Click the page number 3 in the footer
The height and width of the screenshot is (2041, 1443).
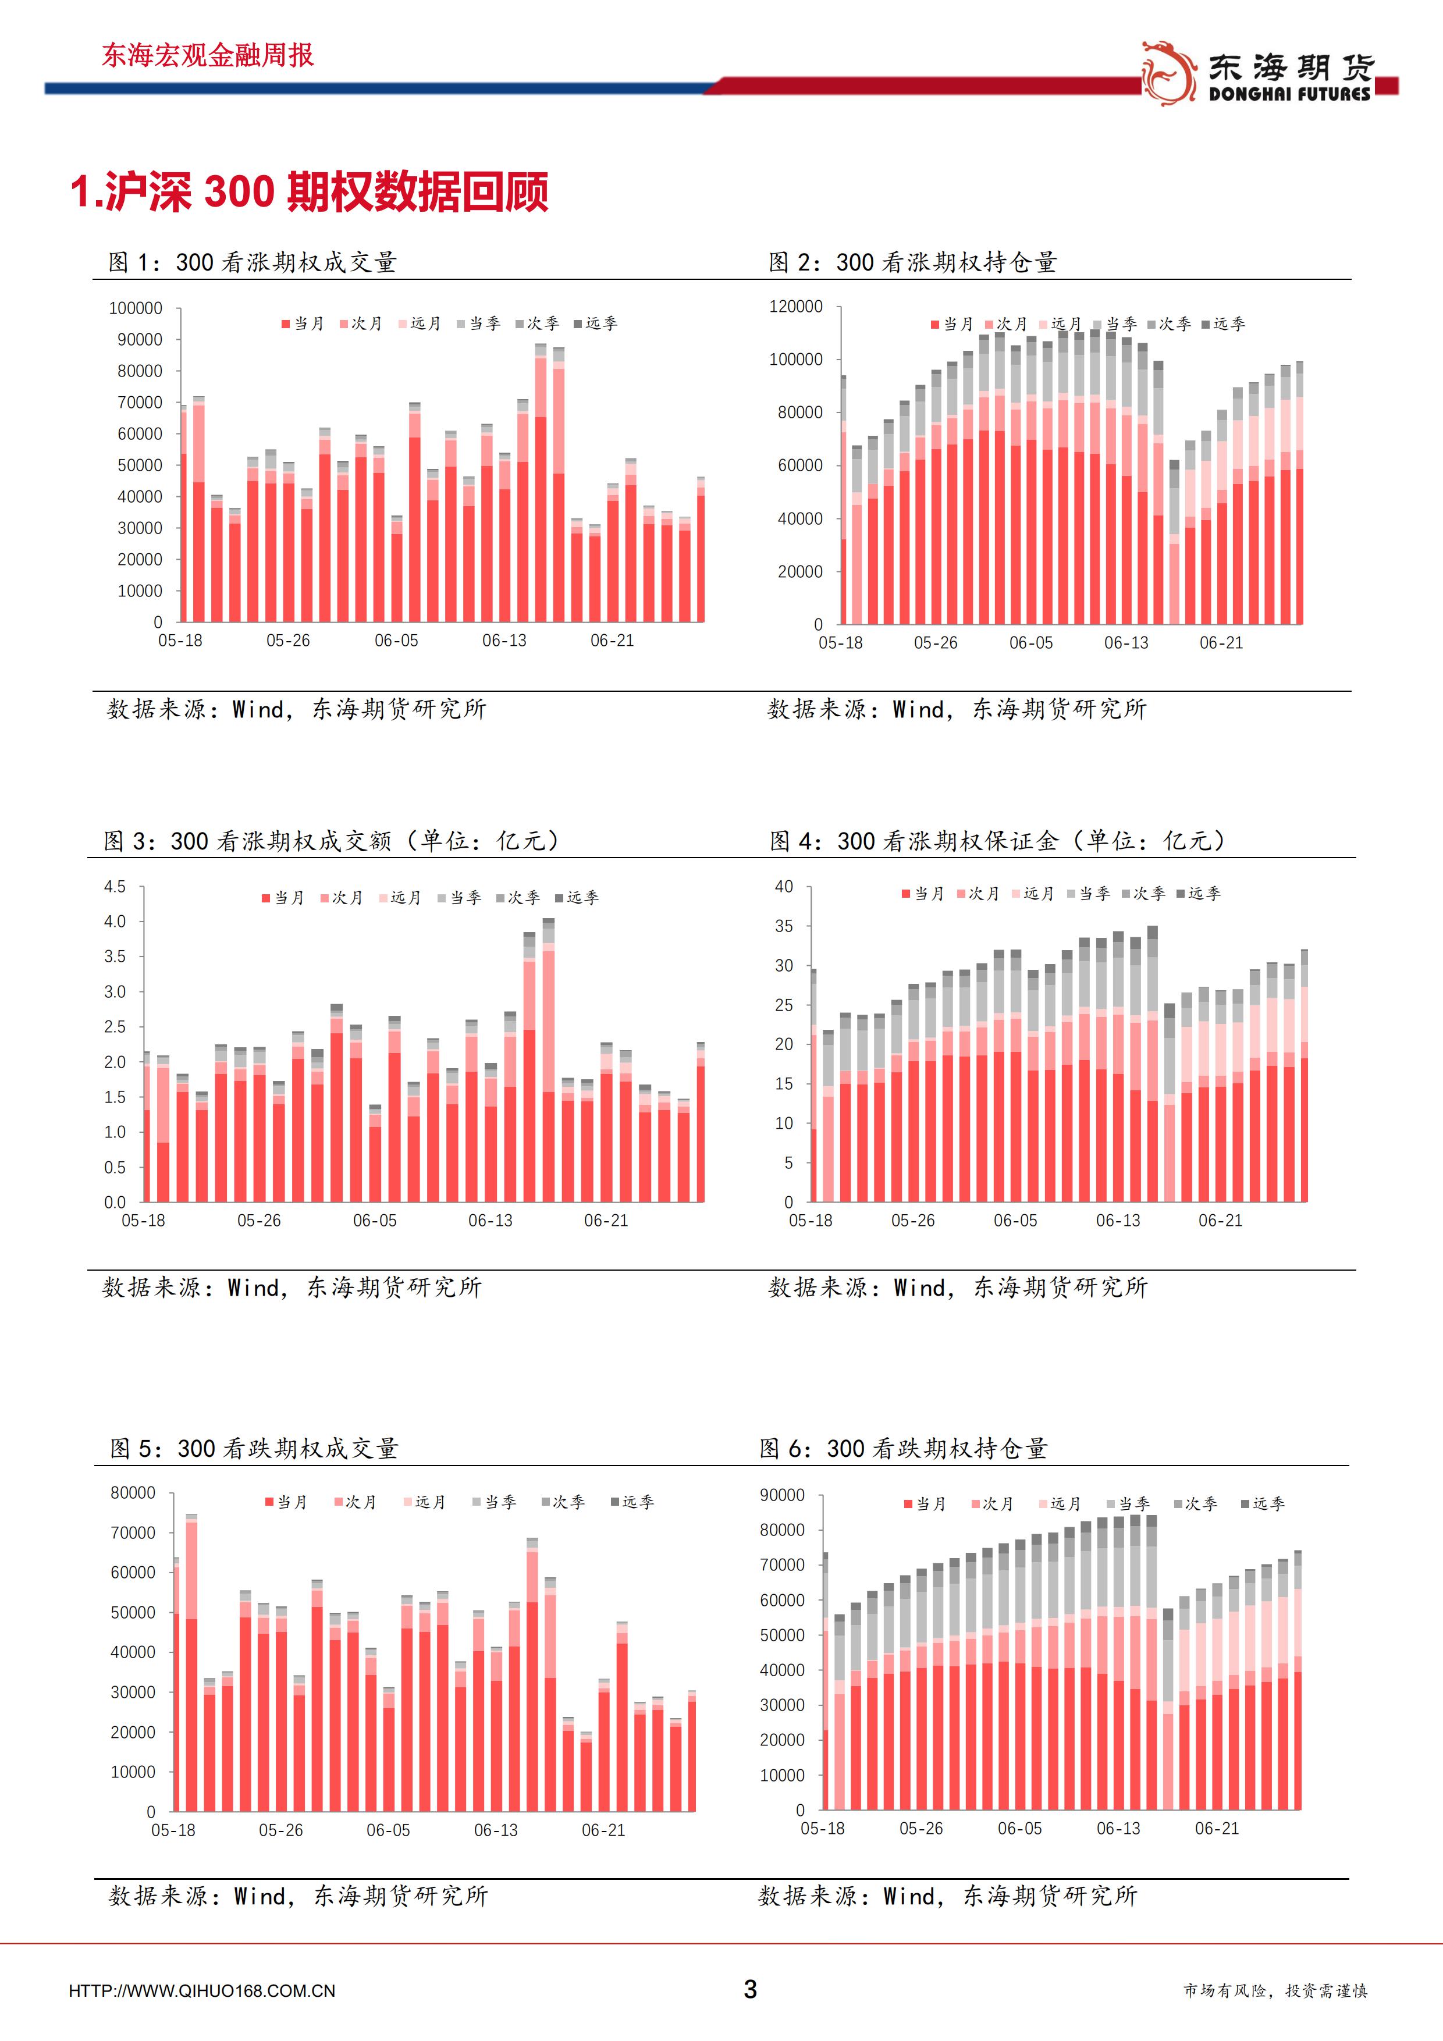coord(751,1989)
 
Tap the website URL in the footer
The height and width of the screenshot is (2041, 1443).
coord(202,1991)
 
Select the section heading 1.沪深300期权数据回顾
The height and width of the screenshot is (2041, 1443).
coord(310,191)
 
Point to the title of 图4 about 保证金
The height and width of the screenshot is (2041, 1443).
coord(997,840)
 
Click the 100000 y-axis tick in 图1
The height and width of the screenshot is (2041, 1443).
coord(135,308)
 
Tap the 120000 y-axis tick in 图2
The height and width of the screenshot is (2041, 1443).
coord(796,306)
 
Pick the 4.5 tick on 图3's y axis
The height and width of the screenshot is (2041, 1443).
coord(115,886)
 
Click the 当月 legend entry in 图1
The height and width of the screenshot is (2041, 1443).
coord(303,323)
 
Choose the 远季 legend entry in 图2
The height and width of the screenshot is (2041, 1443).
coord(1224,325)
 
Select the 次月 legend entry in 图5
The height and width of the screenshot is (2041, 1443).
coord(356,1502)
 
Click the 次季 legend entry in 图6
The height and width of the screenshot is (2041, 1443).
coord(1195,1504)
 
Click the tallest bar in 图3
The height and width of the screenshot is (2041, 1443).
coord(549,1059)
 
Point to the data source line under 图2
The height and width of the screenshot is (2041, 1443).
coord(957,709)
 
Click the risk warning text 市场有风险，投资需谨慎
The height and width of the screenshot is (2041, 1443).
coord(1275,1991)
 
